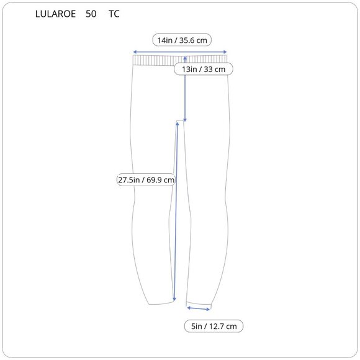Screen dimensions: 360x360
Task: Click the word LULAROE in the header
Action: (x=55, y=14)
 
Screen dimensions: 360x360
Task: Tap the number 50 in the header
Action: (x=91, y=14)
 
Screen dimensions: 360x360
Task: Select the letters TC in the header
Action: (x=114, y=14)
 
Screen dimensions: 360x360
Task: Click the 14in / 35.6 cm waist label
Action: (x=182, y=40)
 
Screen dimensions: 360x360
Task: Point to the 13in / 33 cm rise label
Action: (x=204, y=69)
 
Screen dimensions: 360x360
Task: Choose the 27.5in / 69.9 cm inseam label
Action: (x=146, y=179)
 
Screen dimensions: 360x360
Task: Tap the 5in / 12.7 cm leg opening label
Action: (x=214, y=326)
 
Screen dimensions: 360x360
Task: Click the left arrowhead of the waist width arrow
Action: (x=135, y=52)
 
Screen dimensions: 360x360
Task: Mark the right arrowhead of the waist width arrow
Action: (x=225, y=52)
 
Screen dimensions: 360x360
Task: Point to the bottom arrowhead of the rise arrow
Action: (x=185, y=120)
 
